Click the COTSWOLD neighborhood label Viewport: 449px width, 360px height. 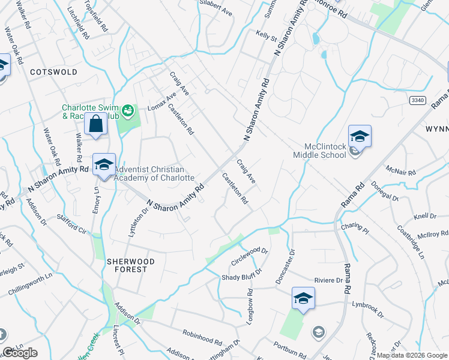pyautogui.click(x=54, y=71)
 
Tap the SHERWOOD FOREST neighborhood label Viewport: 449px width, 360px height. pyautogui.click(x=131, y=266)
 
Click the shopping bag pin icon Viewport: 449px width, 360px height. pyautogui.click(x=95, y=125)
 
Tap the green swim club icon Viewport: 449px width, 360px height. pyautogui.click(x=127, y=110)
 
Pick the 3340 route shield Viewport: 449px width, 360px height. pyautogui.click(x=418, y=101)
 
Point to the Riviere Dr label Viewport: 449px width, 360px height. pyautogui.click(x=328, y=280)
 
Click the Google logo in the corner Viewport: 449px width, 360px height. pyautogui.click(x=20, y=352)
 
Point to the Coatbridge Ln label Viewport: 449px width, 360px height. pyautogui.click(x=411, y=242)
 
